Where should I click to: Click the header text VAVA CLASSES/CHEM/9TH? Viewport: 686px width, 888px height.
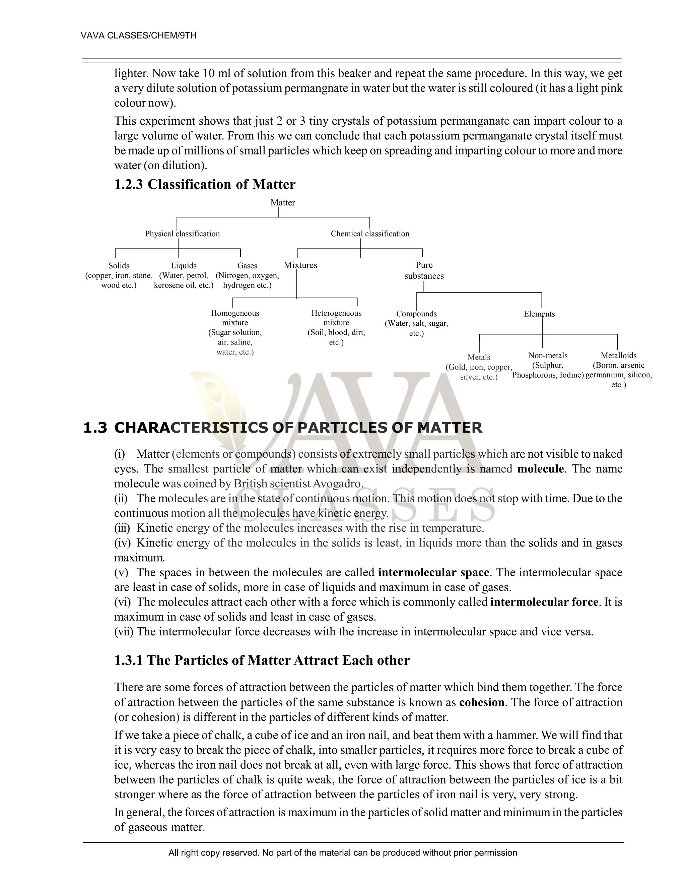[139, 36]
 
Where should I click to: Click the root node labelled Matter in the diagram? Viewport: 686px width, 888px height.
[282, 202]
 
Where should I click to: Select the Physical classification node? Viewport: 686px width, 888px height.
[182, 234]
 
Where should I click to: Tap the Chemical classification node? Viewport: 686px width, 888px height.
[370, 234]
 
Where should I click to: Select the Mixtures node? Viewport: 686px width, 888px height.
[300, 265]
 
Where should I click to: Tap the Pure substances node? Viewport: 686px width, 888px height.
[424, 270]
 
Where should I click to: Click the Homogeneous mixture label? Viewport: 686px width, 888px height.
[235, 318]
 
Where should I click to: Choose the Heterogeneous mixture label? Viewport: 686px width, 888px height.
[336, 318]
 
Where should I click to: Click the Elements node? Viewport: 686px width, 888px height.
[539, 314]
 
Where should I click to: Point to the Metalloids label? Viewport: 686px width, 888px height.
[619, 355]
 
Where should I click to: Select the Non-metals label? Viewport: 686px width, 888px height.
[548, 355]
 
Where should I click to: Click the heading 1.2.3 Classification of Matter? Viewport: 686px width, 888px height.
[204, 185]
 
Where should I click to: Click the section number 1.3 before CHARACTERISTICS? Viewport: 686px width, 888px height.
[95, 428]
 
